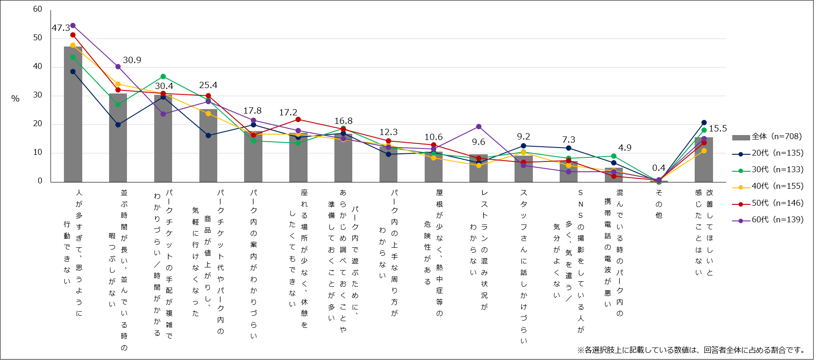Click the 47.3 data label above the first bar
tap(61, 28)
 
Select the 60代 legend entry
tap(768, 220)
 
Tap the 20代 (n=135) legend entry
tap(768, 153)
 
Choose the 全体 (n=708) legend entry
tap(768, 137)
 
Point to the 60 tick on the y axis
tap(38, 9)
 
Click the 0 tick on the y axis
tap(40, 181)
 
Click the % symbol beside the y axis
tap(16, 99)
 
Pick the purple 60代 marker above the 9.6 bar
tap(479, 127)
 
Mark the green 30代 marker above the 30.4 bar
tap(163, 76)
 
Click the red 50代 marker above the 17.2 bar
tap(298, 119)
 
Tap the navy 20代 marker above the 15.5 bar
tap(704, 123)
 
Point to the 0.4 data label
tap(658, 168)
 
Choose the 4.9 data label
tap(625, 148)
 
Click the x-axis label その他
tap(659, 204)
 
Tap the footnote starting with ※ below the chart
tap(692, 350)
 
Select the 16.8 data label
tap(343, 121)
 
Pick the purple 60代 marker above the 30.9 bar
tap(118, 67)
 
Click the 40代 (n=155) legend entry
tap(768, 186)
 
